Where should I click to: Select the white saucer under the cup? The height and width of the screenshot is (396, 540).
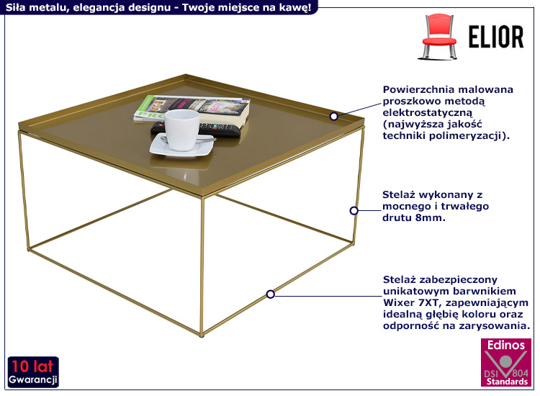[x=182, y=146]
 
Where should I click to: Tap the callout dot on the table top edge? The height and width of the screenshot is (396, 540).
[x=334, y=116]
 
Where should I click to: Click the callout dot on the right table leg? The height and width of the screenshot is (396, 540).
[x=354, y=211]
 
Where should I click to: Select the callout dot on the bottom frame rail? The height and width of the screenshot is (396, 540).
[x=270, y=294]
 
